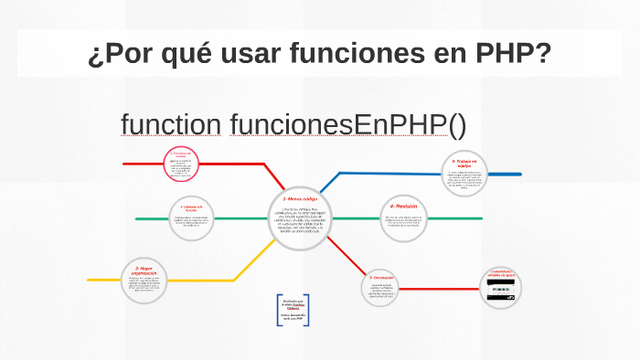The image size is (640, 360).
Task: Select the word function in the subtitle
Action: tap(170, 124)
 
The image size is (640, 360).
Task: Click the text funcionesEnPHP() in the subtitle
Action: tap(347, 124)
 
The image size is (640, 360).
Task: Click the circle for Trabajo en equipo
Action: tap(465, 174)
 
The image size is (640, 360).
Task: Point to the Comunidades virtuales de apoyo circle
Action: tap(505, 288)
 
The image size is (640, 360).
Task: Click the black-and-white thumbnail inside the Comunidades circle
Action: tap(505, 294)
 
